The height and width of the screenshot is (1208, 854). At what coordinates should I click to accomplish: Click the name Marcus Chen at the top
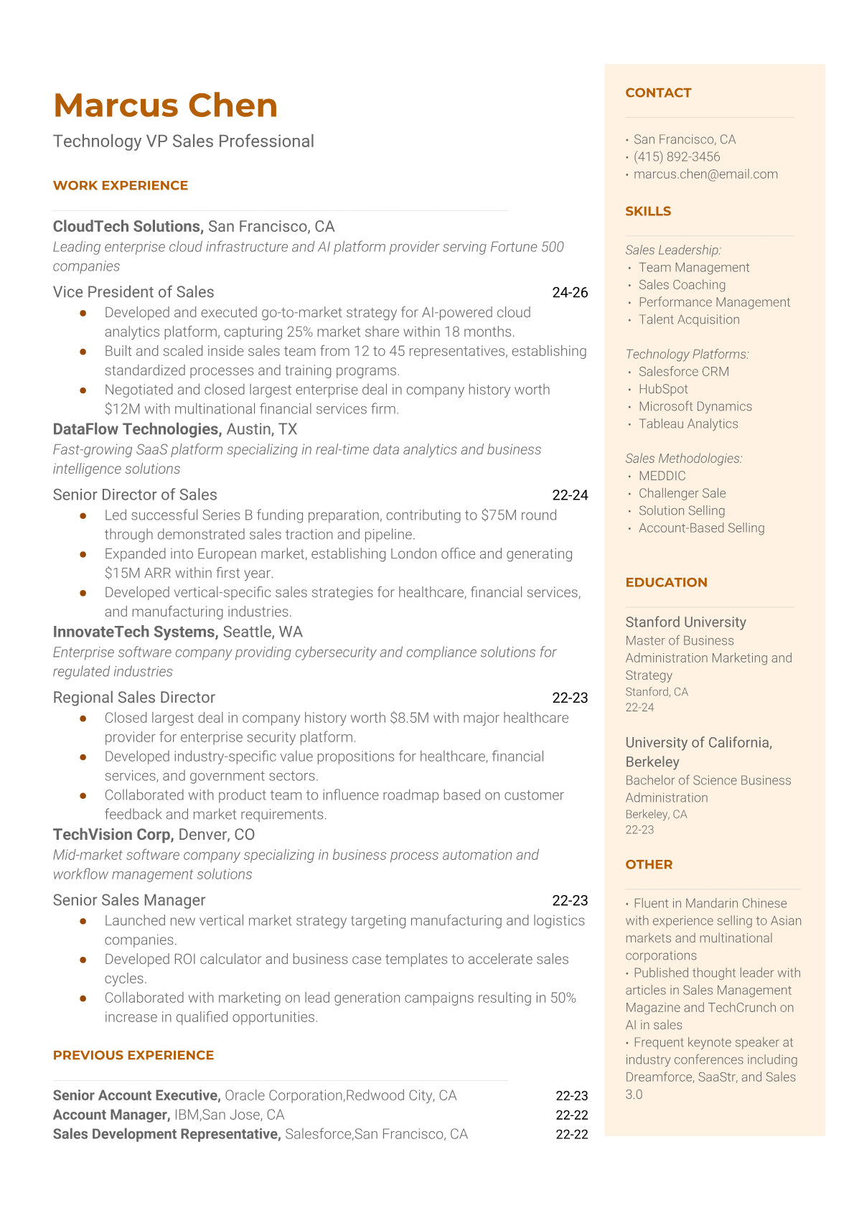pyautogui.click(x=165, y=106)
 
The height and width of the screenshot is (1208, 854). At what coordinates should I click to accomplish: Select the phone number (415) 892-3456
pyautogui.click(x=677, y=156)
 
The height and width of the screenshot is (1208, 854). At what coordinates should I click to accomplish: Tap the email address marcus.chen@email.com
pyautogui.click(x=705, y=174)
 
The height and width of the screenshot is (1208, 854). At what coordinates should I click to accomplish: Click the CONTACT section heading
pyautogui.click(x=658, y=93)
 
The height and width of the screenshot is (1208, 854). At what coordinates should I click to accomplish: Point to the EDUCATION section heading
pyautogui.click(x=666, y=582)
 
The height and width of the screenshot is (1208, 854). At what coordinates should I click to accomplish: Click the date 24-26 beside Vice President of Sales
pyautogui.click(x=570, y=292)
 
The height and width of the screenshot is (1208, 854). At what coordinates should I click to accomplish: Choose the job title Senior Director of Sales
pyautogui.click(x=135, y=495)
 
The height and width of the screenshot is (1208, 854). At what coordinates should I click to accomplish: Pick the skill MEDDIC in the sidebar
pyautogui.click(x=662, y=476)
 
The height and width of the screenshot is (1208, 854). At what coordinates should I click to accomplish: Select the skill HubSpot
pyautogui.click(x=663, y=389)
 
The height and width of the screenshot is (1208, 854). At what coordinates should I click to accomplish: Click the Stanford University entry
pyautogui.click(x=685, y=622)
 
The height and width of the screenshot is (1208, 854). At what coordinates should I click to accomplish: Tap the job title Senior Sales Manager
pyautogui.click(x=129, y=900)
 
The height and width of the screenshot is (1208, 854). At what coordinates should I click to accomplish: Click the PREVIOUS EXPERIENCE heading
pyautogui.click(x=133, y=1055)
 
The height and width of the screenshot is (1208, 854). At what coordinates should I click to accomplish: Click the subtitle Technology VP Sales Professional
pyautogui.click(x=184, y=141)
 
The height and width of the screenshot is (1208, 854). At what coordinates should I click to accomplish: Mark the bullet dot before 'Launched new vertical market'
pyautogui.click(x=83, y=920)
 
